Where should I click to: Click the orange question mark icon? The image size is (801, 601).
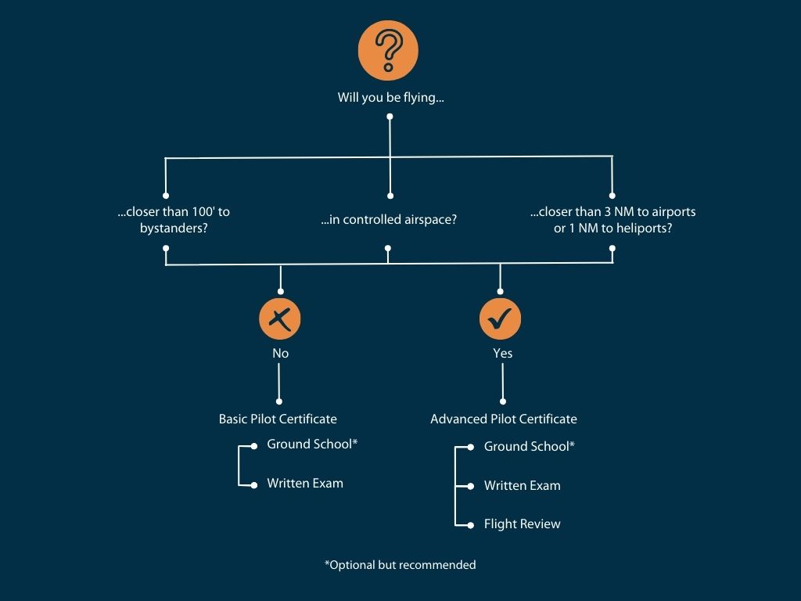[388, 49]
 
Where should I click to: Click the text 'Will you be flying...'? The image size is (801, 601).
[390, 98]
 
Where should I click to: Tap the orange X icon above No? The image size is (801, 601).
[280, 318]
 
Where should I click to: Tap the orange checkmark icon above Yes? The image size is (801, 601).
[501, 318]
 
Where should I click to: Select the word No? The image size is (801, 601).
[280, 353]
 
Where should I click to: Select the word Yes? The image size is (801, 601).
[502, 353]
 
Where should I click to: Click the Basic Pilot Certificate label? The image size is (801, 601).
[278, 419]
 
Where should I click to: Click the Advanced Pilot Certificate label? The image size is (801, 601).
[503, 419]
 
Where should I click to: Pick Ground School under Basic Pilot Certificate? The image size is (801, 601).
[312, 444]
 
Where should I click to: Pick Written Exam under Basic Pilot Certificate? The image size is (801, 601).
[305, 483]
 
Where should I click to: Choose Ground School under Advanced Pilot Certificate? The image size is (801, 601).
[530, 446]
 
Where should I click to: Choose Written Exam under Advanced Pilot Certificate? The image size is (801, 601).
[522, 485]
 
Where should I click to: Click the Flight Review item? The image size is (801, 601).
[522, 524]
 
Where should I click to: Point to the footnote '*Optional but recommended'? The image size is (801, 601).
[400, 564]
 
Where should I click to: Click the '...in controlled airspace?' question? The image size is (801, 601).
[389, 220]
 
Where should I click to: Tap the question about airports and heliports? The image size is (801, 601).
[612, 220]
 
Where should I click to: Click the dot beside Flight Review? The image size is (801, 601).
[470, 524]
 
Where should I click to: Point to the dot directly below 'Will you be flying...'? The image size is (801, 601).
[390, 117]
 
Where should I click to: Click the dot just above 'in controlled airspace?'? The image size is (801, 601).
[390, 196]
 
